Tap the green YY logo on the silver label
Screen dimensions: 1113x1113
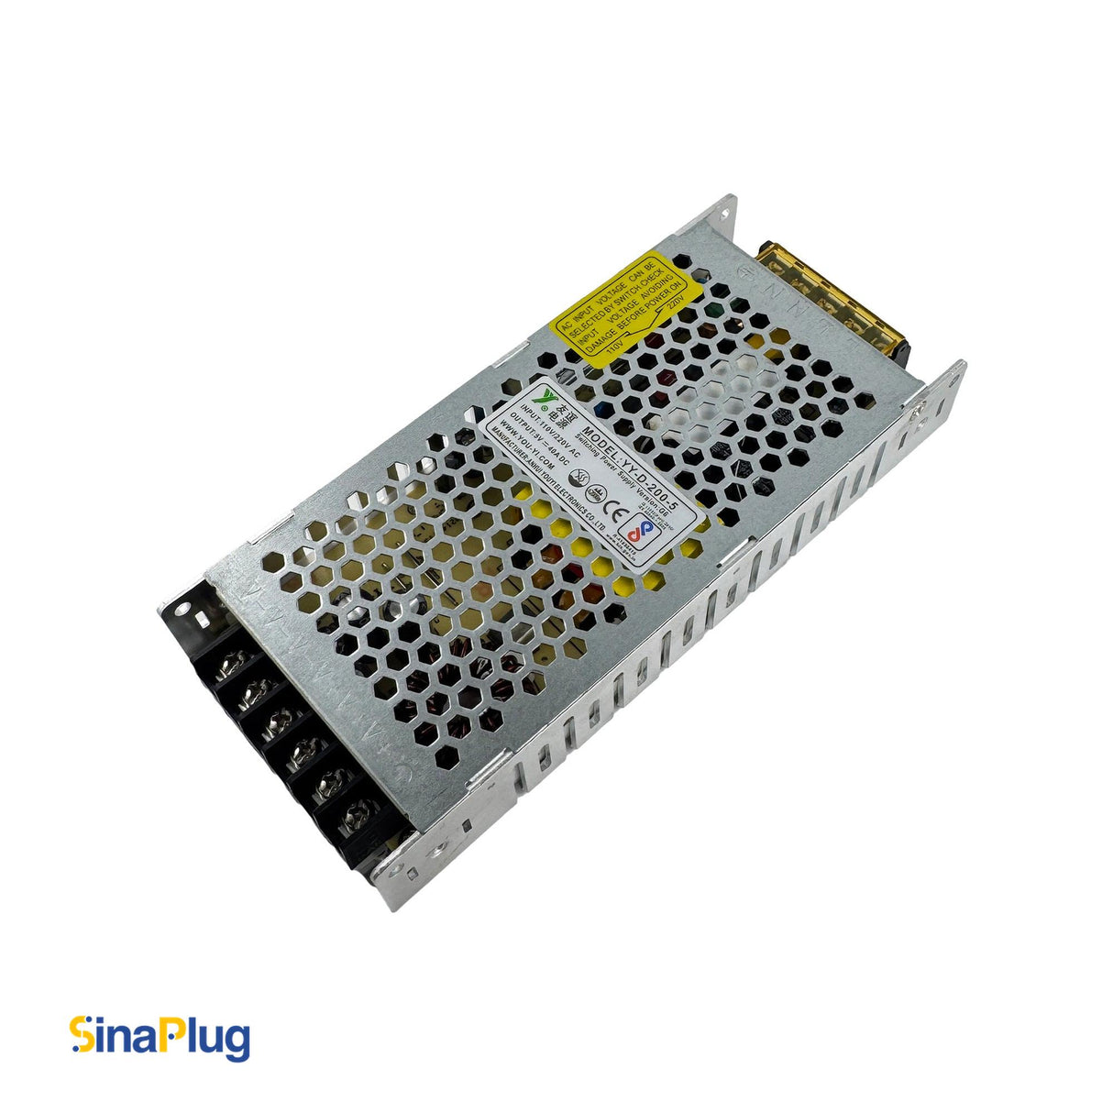click(x=548, y=396)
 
